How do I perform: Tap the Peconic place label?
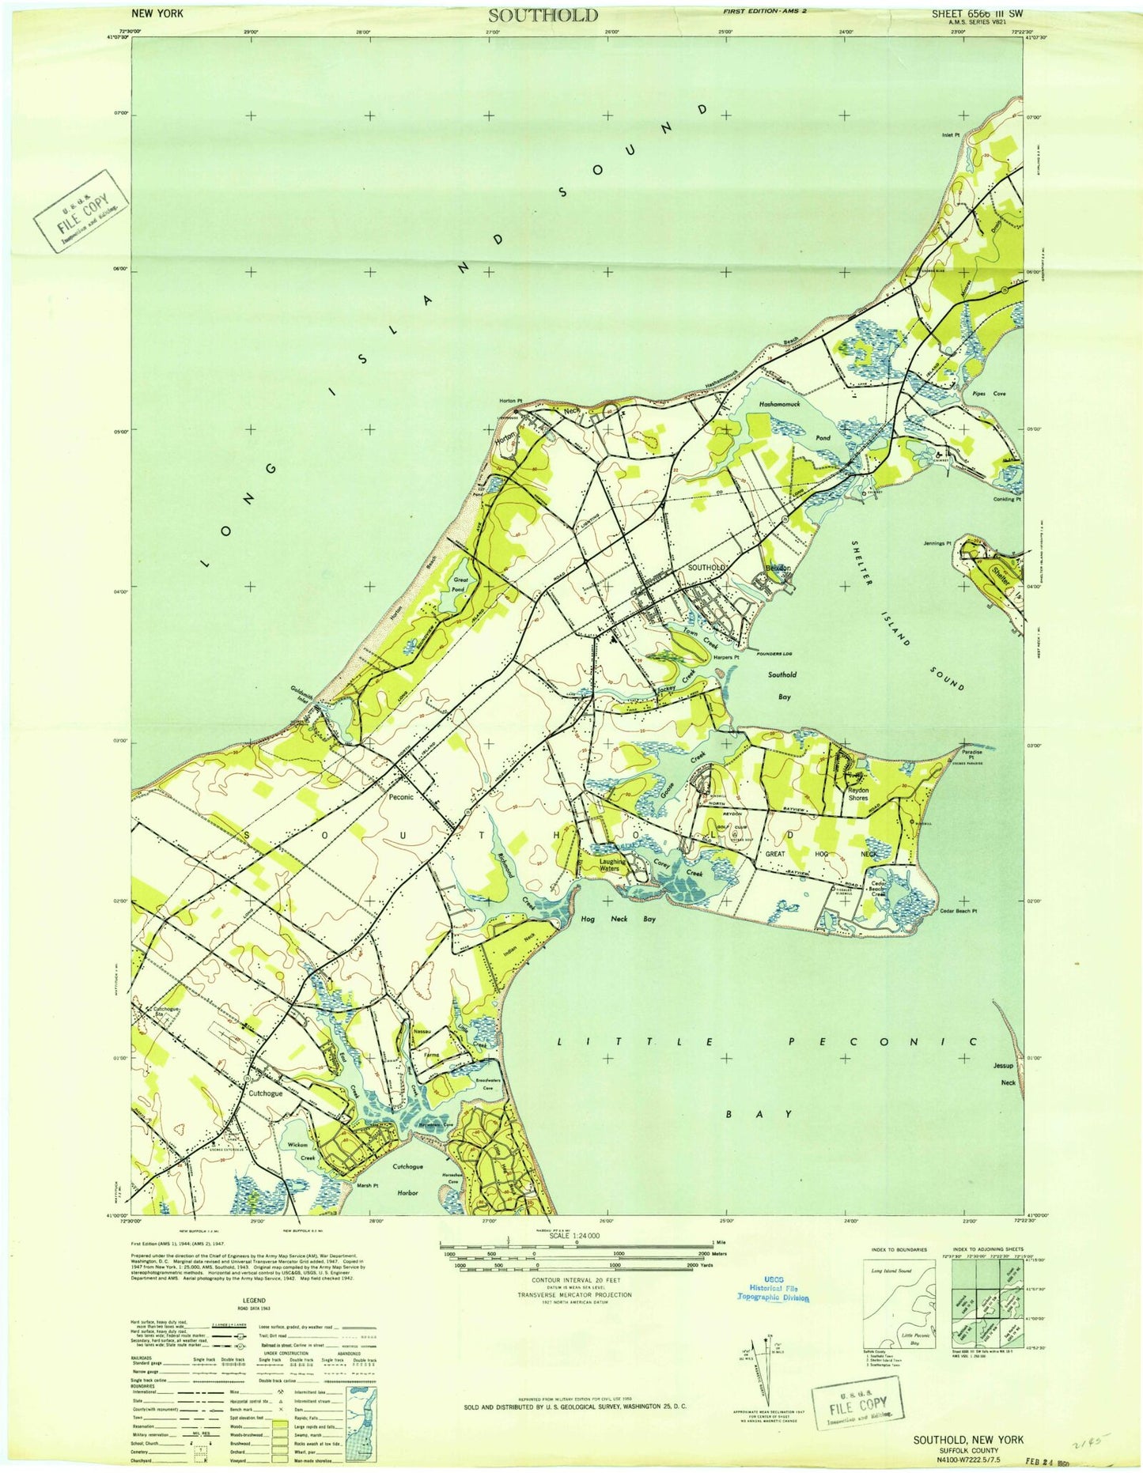(401, 797)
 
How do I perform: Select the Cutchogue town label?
(265, 1093)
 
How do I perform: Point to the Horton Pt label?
(511, 401)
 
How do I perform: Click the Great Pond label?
(460, 585)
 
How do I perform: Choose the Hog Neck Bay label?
(618, 919)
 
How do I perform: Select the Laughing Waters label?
(612, 865)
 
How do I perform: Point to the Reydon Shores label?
(858, 794)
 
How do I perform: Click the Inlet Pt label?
(951, 135)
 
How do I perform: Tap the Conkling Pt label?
(1007, 499)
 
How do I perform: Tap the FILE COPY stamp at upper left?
(80, 212)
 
